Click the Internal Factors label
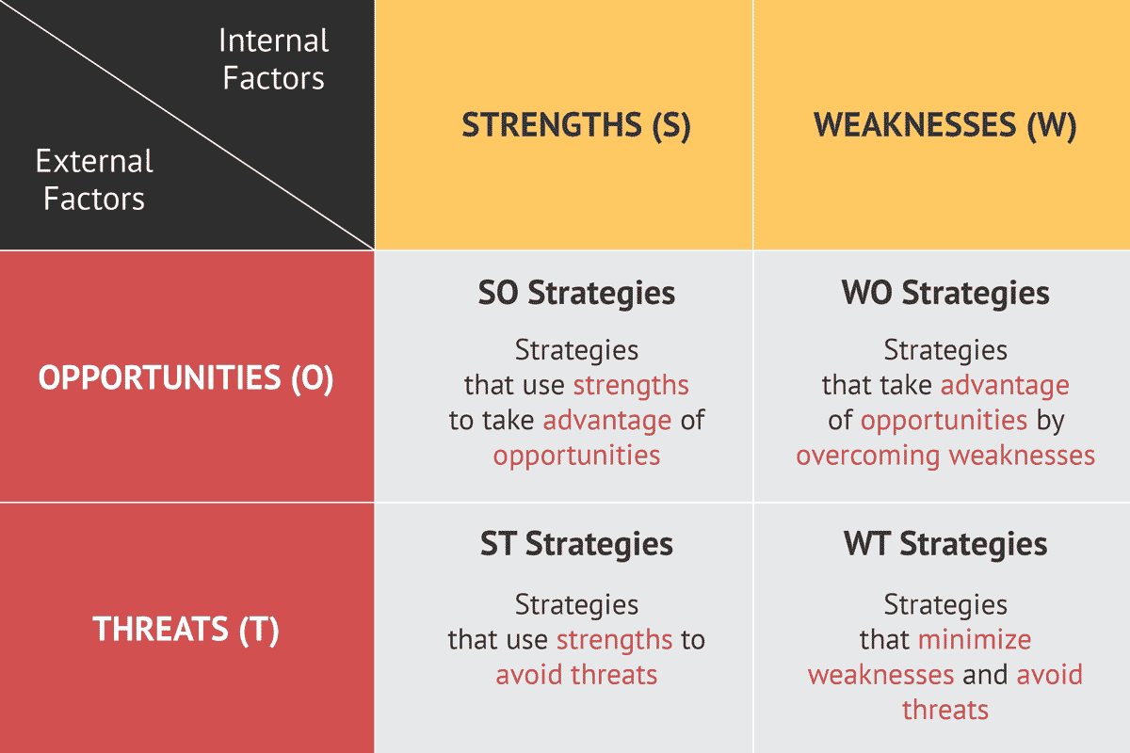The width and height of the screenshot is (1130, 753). tap(273, 58)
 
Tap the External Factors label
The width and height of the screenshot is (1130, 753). tap(94, 180)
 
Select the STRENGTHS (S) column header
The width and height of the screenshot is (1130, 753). tap(575, 126)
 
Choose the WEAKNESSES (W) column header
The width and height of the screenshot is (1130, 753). tap(944, 126)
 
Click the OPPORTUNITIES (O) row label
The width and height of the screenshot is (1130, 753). tap(186, 378)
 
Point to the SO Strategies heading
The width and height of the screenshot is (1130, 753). tap(576, 293)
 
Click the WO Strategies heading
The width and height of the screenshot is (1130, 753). tap(944, 293)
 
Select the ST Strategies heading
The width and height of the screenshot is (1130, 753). tap(576, 544)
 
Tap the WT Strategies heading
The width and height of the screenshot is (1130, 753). tap(944, 544)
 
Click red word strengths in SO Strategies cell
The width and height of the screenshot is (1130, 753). tap(631, 386)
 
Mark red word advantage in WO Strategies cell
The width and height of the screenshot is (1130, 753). tap(1005, 386)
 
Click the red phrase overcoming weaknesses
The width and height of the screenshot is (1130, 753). tap(944, 457)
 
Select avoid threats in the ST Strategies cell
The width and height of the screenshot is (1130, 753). tap(576, 675)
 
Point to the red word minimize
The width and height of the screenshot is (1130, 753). tap(975, 640)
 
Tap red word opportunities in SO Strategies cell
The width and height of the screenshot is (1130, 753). tap(576, 457)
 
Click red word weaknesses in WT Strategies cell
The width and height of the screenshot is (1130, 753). tap(880, 675)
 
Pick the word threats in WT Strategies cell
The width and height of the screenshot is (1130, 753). tap(944, 709)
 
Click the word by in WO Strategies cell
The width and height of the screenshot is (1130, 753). tap(1050, 421)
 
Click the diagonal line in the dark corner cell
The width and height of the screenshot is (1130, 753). tap(188, 124)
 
